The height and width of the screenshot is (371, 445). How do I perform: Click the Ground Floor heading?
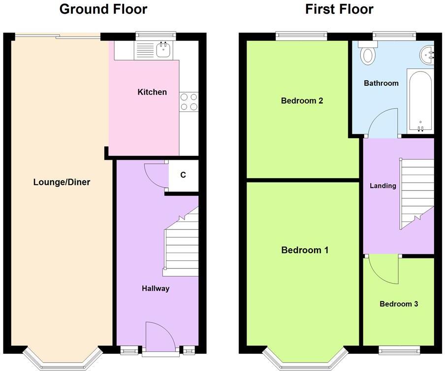tap(103, 9)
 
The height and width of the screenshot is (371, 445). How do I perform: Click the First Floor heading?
tap(339, 9)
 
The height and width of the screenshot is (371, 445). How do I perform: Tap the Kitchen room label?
tap(152, 92)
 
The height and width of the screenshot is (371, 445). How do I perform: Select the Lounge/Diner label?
tap(62, 182)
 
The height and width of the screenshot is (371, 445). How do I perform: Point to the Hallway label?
tap(156, 289)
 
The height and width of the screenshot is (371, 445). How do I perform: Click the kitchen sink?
tap(163, 50)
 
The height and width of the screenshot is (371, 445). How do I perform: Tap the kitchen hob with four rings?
tap(189, 102)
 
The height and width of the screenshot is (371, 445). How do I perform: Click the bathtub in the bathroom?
tap(420, 101)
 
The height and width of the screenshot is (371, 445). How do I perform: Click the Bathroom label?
tap(381, 83)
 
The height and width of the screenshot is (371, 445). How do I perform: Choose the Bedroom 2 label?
tap(302, 101)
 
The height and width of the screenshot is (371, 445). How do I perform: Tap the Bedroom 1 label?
tap(305, 250)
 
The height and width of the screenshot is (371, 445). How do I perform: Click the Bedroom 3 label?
tap(399, 304)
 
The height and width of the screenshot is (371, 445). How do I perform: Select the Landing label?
tap(383, 186)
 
